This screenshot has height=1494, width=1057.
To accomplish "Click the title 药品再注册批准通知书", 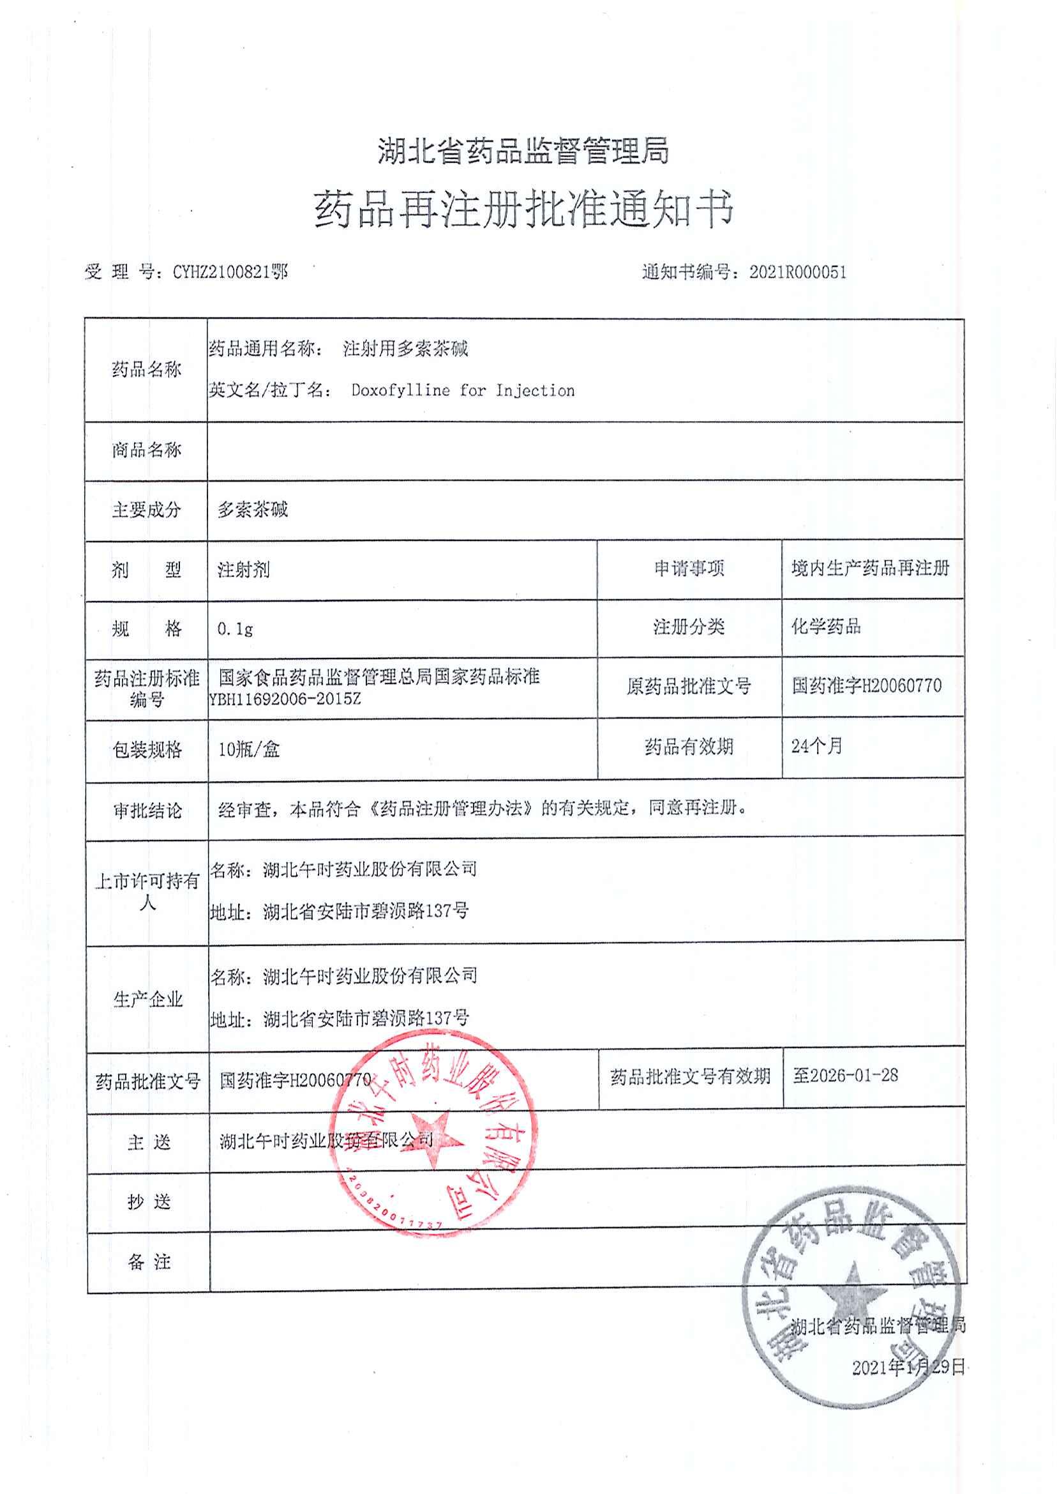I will [524, 210].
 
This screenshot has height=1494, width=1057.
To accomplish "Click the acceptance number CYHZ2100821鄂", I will [230, 271].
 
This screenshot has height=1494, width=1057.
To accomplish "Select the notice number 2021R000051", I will [797, 272].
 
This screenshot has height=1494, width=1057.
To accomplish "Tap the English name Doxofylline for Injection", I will [463, 391].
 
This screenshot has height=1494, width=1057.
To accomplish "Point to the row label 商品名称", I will [146, 450].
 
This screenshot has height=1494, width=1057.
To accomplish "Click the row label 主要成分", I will [146, 509].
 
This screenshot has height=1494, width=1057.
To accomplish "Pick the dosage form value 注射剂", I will [243, 570].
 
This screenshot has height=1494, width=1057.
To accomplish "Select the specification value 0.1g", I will [235, 629].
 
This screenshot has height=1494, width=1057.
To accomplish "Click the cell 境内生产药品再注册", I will [870, 568].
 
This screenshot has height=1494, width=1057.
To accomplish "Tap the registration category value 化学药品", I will [826, 627].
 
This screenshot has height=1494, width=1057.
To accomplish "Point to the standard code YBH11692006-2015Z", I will [285, 700].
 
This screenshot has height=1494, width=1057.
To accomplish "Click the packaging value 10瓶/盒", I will [249, 750].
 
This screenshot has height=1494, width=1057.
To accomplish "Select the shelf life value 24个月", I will [817, 745].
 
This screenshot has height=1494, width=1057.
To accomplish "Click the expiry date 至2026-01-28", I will [845, 1075].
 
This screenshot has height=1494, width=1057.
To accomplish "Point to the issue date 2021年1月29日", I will [908, 1367].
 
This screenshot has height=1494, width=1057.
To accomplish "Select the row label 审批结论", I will [146, 811].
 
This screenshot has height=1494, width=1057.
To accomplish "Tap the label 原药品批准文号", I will [689, 687].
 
